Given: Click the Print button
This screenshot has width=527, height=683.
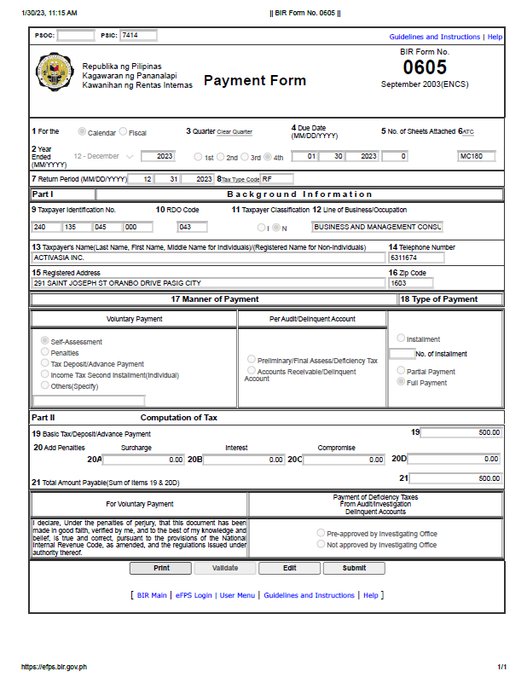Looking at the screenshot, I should coord(160,568).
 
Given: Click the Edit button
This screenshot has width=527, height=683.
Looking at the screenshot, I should coord(289,568).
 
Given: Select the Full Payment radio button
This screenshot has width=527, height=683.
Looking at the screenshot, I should coord(401,383).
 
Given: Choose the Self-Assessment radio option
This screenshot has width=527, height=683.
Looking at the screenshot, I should coord(45,341).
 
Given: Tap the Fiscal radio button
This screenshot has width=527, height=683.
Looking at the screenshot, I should coord(124,132).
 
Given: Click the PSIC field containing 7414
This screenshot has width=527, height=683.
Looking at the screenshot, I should coord(138,36).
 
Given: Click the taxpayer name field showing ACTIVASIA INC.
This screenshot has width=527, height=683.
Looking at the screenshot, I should coord(208,257).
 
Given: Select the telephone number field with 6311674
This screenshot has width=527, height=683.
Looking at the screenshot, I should coord(416,257).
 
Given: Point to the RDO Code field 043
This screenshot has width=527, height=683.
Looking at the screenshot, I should coord(192,227).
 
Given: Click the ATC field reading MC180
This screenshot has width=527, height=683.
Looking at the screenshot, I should coord(476,157).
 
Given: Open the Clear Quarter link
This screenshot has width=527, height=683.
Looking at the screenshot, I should coord(235,132).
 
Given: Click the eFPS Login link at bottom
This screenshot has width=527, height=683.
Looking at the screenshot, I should coord(193,595).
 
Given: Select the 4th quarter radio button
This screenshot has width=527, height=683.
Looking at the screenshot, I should coord(268,157).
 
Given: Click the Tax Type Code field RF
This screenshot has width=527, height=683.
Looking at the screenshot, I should coord(276,179).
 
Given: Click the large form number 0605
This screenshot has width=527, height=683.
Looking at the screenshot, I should coord(424,67).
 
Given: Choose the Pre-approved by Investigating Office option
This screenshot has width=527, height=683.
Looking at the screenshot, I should coord(321,533).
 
